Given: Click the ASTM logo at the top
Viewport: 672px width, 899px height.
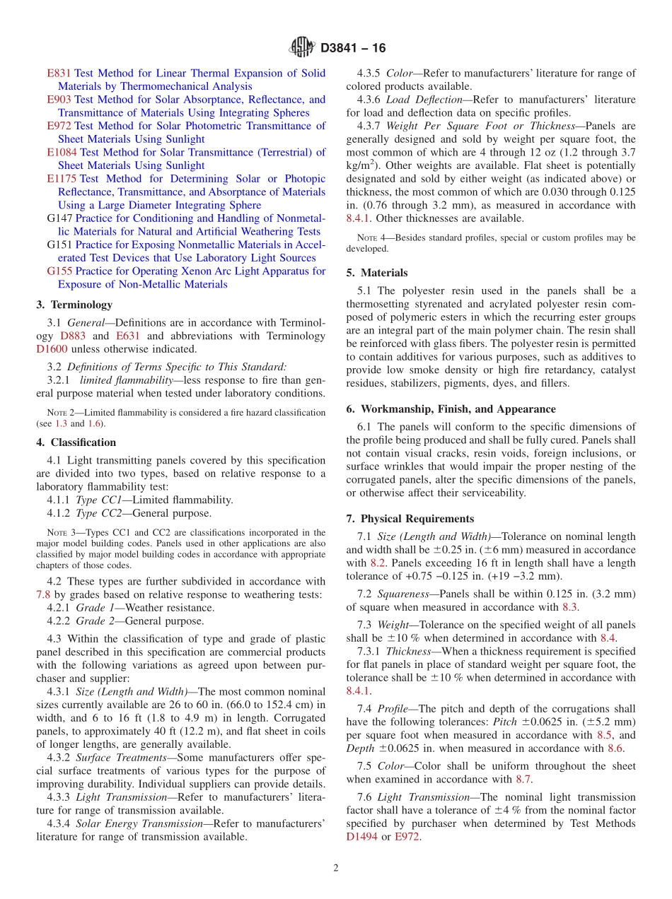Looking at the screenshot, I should coord(302,48).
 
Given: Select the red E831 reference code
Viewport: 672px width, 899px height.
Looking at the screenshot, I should coord(59,73).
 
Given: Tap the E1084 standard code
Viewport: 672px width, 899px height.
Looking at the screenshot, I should coord(62,152).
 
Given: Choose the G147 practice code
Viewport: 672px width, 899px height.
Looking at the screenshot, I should coord(59,218).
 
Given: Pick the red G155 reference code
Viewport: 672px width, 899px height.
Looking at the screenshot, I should coord(59,271).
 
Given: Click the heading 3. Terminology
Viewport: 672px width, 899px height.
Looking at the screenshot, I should coord(74,305).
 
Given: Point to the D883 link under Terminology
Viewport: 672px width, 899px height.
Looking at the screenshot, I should coord(73,336).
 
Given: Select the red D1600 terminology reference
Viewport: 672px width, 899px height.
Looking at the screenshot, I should coord(51,349).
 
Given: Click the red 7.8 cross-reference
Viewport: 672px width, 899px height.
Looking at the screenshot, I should coord(43,594).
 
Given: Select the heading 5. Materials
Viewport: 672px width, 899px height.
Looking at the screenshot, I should coord(377,273).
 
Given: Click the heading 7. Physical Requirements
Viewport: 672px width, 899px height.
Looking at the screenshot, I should coord(410,519).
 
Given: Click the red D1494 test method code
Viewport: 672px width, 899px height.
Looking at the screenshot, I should coord(362,837).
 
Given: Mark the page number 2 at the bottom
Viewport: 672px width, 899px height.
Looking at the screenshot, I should coord(336,868).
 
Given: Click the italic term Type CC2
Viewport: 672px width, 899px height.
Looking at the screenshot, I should coord(99,513).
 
